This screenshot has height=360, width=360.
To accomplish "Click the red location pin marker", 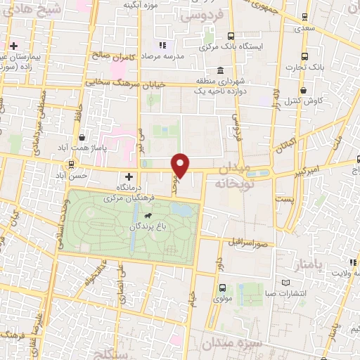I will (181, 165).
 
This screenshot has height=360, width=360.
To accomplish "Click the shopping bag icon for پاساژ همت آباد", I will (83, 138).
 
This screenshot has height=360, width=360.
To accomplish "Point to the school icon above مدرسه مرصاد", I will (162, 46).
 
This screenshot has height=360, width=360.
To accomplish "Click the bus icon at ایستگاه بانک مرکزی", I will (231, 37).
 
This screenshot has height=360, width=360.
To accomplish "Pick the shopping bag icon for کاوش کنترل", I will (303, 91).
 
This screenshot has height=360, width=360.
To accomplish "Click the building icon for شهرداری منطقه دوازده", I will (221, 72).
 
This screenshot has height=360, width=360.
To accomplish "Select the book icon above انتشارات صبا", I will (285, 283).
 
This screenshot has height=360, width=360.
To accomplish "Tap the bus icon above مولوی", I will (222, 287).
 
